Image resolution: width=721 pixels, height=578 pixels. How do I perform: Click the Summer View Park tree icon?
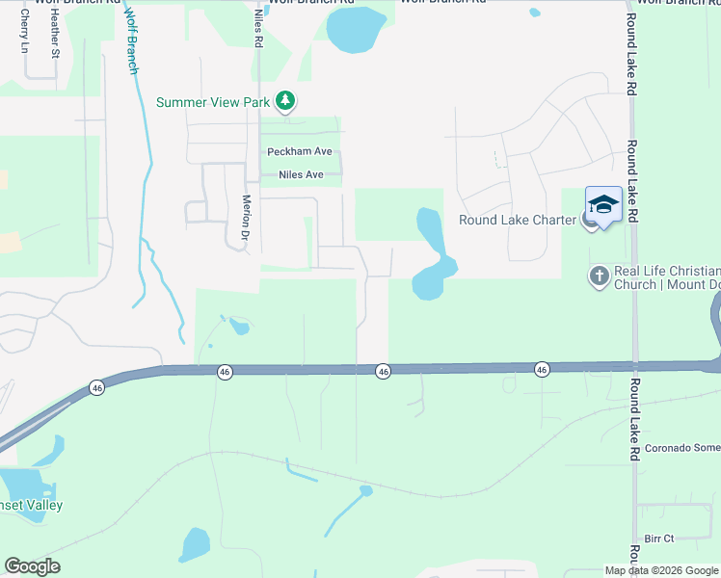[x=284, y=100]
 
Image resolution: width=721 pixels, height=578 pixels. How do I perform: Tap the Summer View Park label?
[x=214, y=101]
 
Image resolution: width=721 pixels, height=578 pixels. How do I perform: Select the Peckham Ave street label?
[x=299, y=152]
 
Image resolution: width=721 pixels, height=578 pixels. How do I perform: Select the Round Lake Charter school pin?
[x=603, y=205]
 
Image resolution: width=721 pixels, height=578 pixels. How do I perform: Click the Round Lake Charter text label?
[x=517, y=220]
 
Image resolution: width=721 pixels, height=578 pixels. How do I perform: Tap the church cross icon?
[x=599, y=276]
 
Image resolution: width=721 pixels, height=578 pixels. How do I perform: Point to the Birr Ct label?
[x=658, y=539]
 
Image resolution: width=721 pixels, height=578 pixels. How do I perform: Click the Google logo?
[x=32, y=566]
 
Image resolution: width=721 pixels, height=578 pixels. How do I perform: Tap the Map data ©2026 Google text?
[x=661, y=570]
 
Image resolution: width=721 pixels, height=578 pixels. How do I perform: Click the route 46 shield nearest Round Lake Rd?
[x=542, y=369]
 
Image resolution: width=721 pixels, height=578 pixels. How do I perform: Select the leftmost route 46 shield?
[x=96, y=387]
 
